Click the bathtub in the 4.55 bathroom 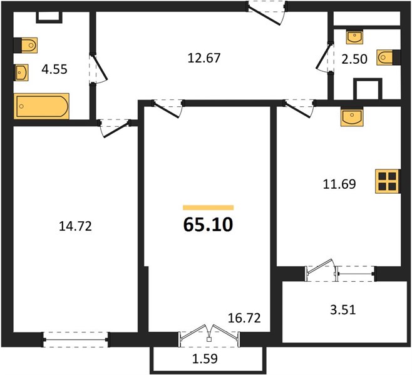tap(41, 106)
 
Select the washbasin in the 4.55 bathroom tap(21, 72)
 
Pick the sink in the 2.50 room tap(355, 37)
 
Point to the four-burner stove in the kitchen tap(388, 181)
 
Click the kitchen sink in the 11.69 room tap(352, 117)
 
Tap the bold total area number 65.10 tap(208, 225)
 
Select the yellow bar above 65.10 tap(209, 207)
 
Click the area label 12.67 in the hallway tap(204, 58)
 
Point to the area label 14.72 tap(75, 226)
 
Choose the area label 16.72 tap(244, 318)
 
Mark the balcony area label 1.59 tap(205, 359)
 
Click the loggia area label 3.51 tap(343, 310)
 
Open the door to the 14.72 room tap(115, 129)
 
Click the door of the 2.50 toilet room tap(324, 57)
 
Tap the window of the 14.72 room tap(76, 339)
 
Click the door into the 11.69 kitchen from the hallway tap(299, 108)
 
